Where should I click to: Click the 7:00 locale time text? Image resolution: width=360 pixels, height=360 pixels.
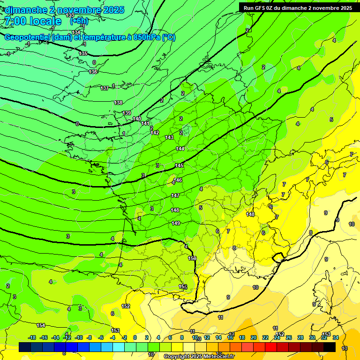tap(32, 21)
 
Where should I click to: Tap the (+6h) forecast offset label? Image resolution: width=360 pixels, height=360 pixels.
tap(79, 22)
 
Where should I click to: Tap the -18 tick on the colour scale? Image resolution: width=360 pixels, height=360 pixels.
tap(32, 337)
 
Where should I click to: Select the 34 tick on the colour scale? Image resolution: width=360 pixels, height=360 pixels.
tap(336, 337)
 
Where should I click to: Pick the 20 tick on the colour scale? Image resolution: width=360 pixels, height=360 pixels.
tap(254, 337)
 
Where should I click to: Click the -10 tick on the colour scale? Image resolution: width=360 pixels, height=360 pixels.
tap(79, 337)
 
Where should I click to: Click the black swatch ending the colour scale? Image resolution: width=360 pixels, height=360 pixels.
tap(330, 347)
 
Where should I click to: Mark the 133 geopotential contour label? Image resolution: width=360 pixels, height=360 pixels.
tap(70, 15)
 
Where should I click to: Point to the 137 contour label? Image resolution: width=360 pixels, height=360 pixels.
tap(105, 88)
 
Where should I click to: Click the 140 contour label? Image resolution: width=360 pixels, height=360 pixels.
tap(136, 119)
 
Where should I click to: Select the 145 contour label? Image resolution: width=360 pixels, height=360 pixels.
tap(179, 165)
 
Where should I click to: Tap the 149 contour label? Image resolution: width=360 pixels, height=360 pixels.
tap(176, 223)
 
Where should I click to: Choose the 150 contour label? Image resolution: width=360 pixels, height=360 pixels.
tap(192, 258)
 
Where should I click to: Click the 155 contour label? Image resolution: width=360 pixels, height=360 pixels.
tap(183, 286)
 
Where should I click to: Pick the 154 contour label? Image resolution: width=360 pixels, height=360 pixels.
tap(41, 325)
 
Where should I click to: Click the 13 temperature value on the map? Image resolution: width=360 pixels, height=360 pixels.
tap(345, 348)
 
